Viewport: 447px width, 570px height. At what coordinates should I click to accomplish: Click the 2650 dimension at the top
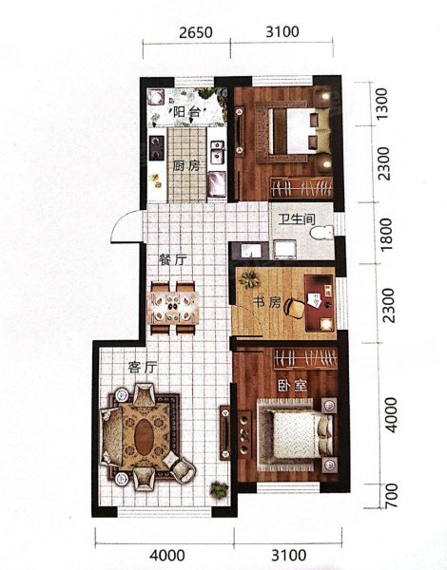[196, 32]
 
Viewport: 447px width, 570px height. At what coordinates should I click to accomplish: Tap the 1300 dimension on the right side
[382, 104]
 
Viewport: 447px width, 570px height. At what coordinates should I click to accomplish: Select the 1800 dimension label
[385, 234]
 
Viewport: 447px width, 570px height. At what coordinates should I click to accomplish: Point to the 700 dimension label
[391, 496]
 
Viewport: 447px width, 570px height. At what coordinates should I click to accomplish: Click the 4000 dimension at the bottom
[167, 556]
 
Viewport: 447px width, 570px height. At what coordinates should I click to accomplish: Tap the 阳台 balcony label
[186, 111]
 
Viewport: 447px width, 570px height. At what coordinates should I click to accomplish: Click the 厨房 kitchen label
[186, 166]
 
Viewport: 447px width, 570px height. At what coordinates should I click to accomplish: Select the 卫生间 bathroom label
[297, 219]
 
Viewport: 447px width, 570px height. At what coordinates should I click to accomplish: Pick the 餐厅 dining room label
[172, 259]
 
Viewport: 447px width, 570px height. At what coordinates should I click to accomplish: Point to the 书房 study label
[267, 302]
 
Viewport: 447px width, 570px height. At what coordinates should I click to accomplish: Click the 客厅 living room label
[143, 368]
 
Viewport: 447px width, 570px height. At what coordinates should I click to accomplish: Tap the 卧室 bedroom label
[292, 386]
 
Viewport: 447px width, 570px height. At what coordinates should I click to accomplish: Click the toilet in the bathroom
[322, 233]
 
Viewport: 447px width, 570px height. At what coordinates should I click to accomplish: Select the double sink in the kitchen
[217, 152]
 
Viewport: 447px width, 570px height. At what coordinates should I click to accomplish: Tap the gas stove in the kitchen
[157, 147]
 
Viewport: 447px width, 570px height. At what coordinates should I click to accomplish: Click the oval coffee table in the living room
[145, 437]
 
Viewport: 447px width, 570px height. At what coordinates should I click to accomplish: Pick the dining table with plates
[174, 308]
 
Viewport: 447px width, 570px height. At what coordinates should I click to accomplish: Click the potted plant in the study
[249, 279]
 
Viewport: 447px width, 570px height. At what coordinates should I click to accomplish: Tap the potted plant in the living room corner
[220, 489]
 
